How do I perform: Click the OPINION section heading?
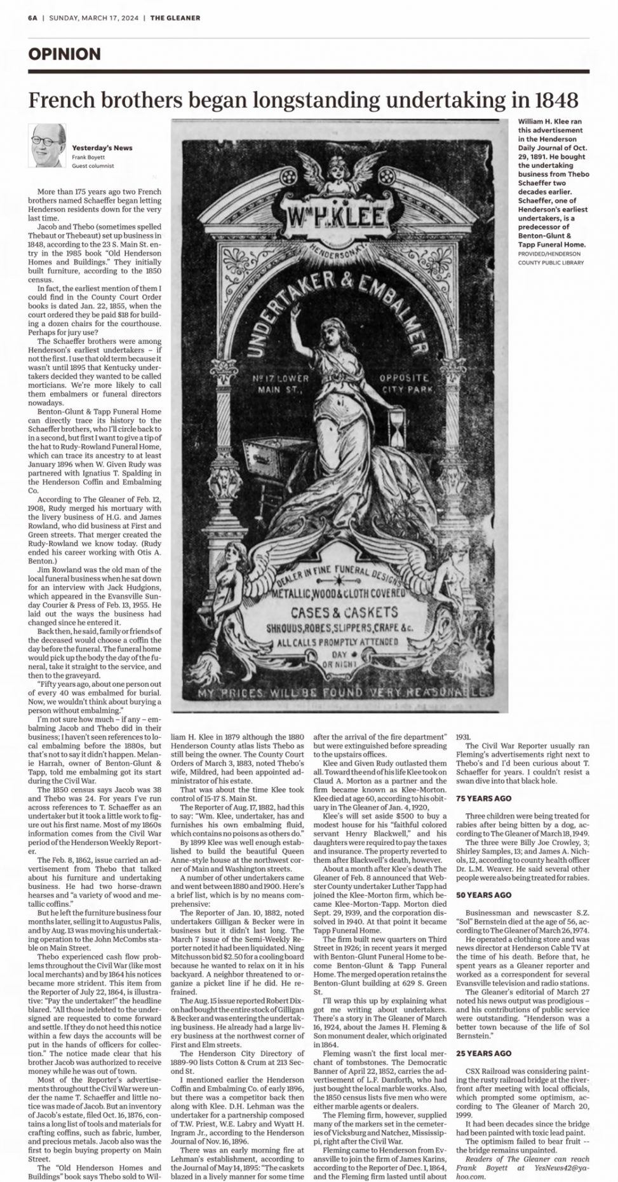64,54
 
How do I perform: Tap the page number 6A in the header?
32,18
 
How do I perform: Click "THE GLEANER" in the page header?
175,18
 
